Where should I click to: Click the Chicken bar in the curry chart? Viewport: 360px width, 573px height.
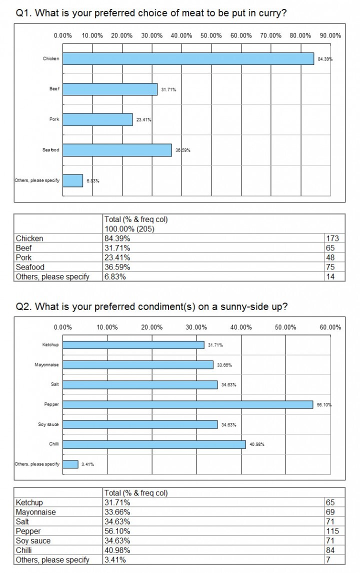pos(188,58)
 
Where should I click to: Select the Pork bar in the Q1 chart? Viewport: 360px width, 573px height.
pos(97,119)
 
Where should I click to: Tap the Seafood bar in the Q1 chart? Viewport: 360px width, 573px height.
pos(117,150)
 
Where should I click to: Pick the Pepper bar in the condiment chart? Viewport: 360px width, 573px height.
pos(188,404)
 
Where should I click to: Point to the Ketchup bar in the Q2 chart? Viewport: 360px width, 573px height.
pos(133,345)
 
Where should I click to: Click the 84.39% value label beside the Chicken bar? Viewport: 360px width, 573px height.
pos(325,59)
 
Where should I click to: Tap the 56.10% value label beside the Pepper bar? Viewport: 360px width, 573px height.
pos(324,404)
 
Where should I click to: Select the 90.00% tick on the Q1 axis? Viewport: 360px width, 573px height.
pos(331,35)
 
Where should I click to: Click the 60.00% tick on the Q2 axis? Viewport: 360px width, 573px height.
pos(331,327)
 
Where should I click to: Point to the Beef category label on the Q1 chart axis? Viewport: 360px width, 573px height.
pos(54,89)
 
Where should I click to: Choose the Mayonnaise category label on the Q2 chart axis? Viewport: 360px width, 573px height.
pos(47,364)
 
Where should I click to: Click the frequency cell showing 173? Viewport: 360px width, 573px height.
pos(332,238)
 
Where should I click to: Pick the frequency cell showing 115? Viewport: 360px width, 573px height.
pos(332,531)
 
